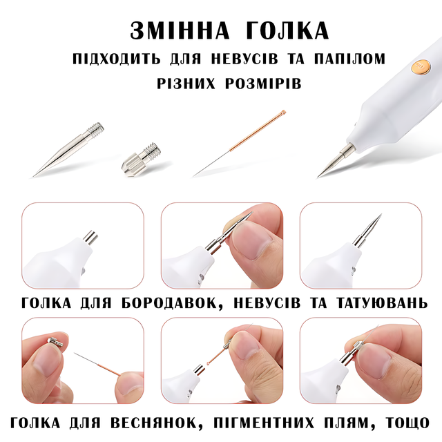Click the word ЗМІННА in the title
(180, 30)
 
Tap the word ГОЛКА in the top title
(287, 30)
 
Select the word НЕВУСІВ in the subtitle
(244, 59)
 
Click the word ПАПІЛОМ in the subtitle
(349, 59)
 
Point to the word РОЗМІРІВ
(263, 84)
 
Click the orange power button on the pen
(420, 68)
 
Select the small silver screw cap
(141, 160)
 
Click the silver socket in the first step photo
(90, 238)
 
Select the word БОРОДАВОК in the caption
(171, 303)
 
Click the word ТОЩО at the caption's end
(407, 423)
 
